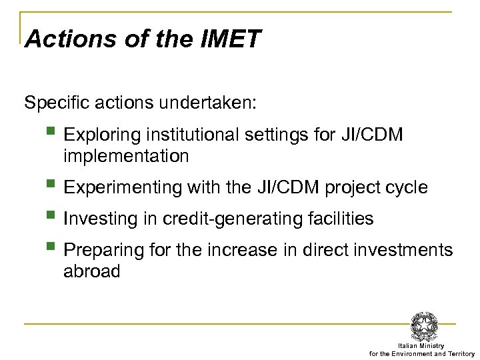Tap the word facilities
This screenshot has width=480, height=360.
pyautogui.click(x=341, y=218)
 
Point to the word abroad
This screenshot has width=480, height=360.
pyautogui.click(x=92, y=272)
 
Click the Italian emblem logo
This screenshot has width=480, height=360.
pyautogui.click(x=425, y=325)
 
